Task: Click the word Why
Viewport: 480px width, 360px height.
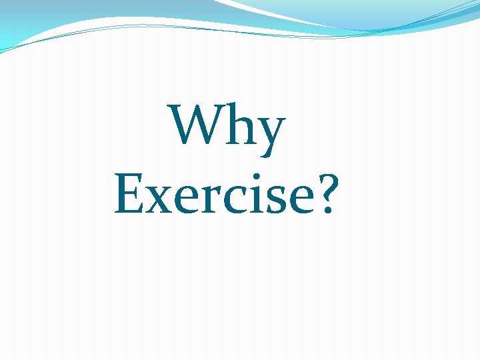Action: (x=228, y=125)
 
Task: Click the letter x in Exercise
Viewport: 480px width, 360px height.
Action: (x=159, y=199)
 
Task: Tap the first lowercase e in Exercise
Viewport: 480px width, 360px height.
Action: (x=185, y=199)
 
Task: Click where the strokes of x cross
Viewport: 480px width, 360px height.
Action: (x=159, y=199)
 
